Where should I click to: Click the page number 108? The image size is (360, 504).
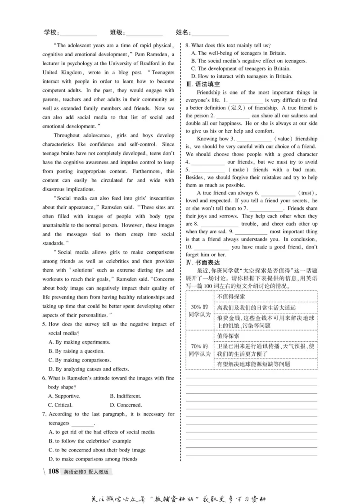pyautogui.click(x=53, y=471)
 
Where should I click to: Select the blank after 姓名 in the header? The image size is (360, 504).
pyautogui.click(x=210, y=33)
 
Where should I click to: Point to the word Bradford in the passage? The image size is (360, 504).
pyautogui.click(x=151, y=63)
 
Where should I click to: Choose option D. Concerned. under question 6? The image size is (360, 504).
pyautogui.click(x=126, y=405)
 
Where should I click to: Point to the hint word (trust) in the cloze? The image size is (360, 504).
pyautogui.click(x=308, y=192)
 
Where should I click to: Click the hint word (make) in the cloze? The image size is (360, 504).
pyautogui.click(x=238, y=169)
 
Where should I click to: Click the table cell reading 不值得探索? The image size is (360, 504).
pyautogui.click(x=231, y=296)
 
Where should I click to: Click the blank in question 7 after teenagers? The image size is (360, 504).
pyautogui.click(x=83, y=423)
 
